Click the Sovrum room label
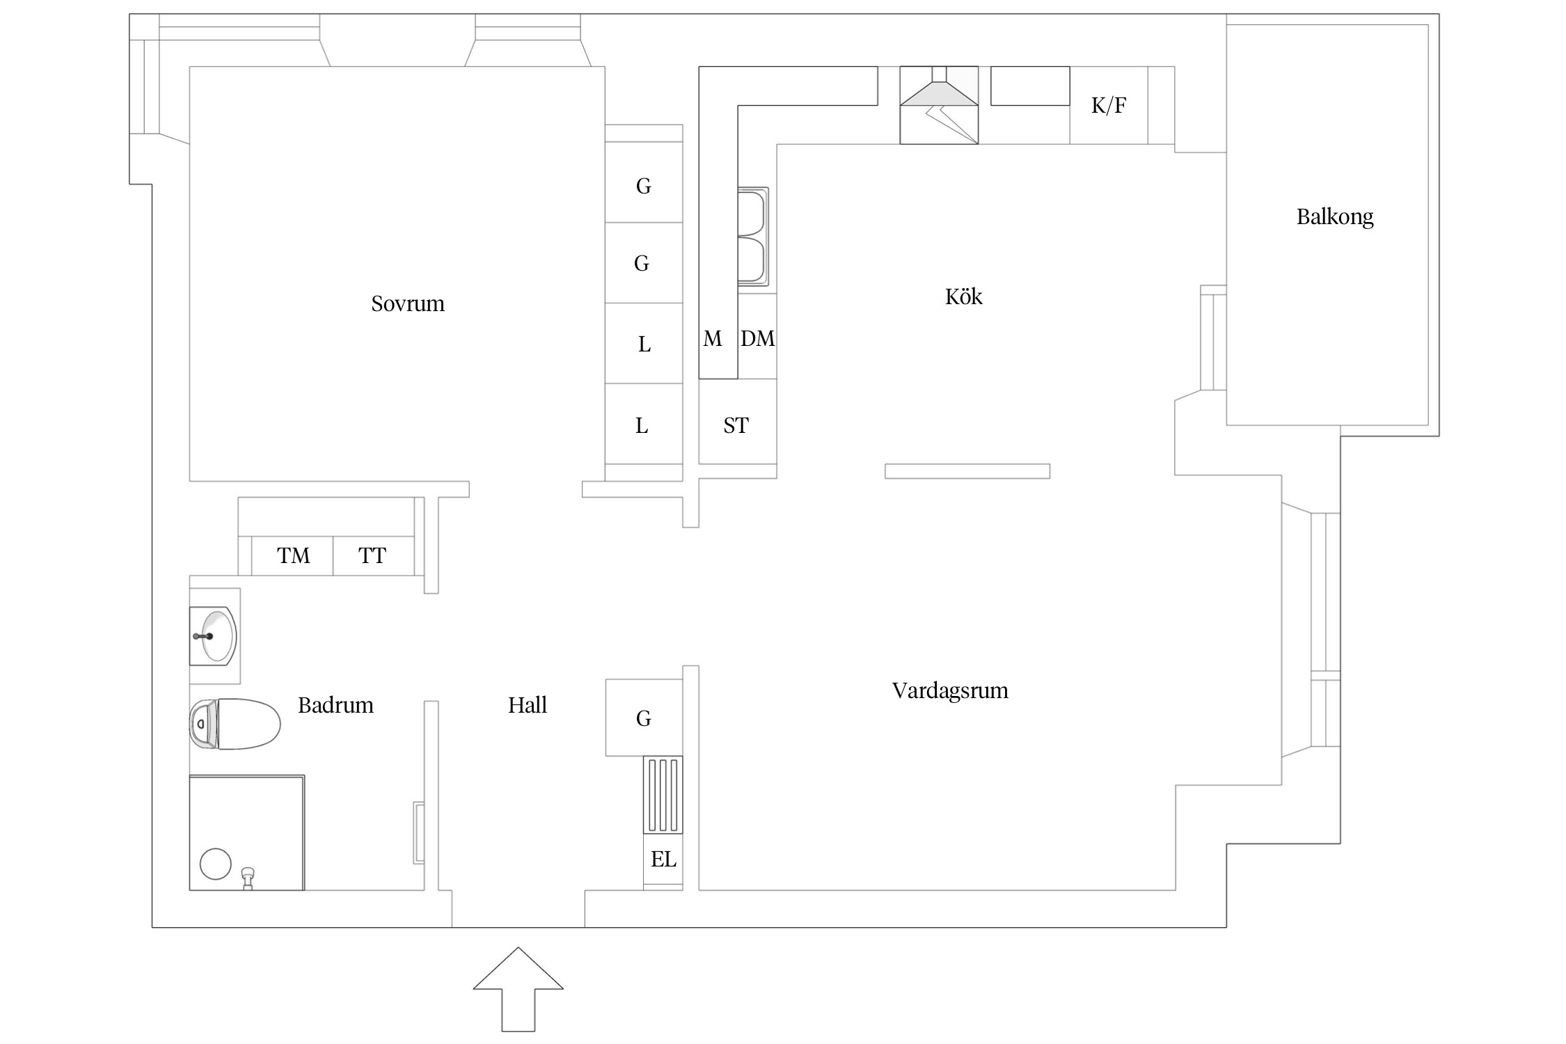[x=407, y=303]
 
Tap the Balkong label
[x=1334, y=216]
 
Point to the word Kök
[x=963, y=296]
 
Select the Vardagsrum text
[x=950, y=690]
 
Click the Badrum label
[x=335, y=705]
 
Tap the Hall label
[x=527, y=705]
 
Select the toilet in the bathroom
[x=235, y=724]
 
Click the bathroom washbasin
[x=214, y=635]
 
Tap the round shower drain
[x=215, y=864]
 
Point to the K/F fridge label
[x=1108, y=105]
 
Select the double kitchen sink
[x=752, y=237]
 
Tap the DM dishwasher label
[x=757, y=338]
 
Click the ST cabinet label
[x=736, y=425]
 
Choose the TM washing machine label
[x=293, y=555]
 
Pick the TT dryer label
[x=372, y=555]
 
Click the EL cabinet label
[x=663, y=860]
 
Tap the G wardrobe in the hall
[x=643, y=718]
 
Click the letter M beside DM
[x=712, y=338]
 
